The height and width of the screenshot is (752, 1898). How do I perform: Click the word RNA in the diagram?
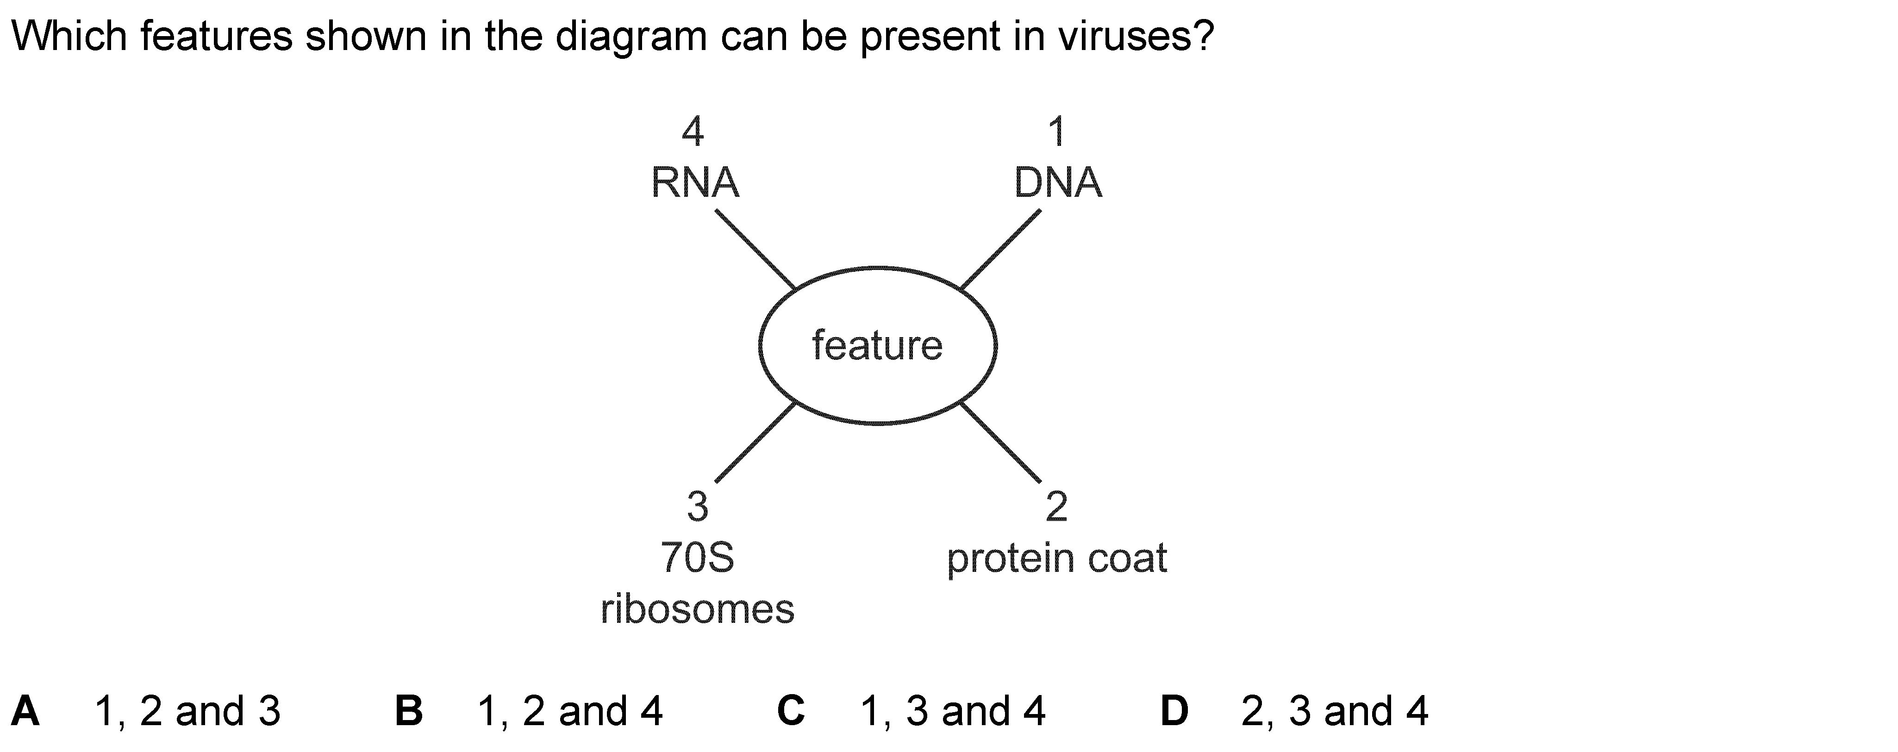coord(695,183)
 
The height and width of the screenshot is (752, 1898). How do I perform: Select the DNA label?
coord(1058,183)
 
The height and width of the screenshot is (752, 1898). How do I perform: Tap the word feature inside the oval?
coord(877,345)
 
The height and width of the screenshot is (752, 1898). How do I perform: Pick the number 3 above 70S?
coord(697,507)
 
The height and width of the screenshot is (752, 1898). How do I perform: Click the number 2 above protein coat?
coord(1056,507)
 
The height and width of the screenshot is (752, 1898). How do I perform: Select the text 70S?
coord(697,558)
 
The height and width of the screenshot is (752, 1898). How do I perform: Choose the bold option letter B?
coord(409,711)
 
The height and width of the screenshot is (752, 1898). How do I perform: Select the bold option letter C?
coord(791,711)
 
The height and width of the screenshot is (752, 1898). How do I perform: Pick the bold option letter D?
coord(1174,711)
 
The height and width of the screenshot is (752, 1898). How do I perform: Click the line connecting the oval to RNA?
coord(755,249)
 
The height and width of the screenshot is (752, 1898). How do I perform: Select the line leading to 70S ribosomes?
coord(755,442)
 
